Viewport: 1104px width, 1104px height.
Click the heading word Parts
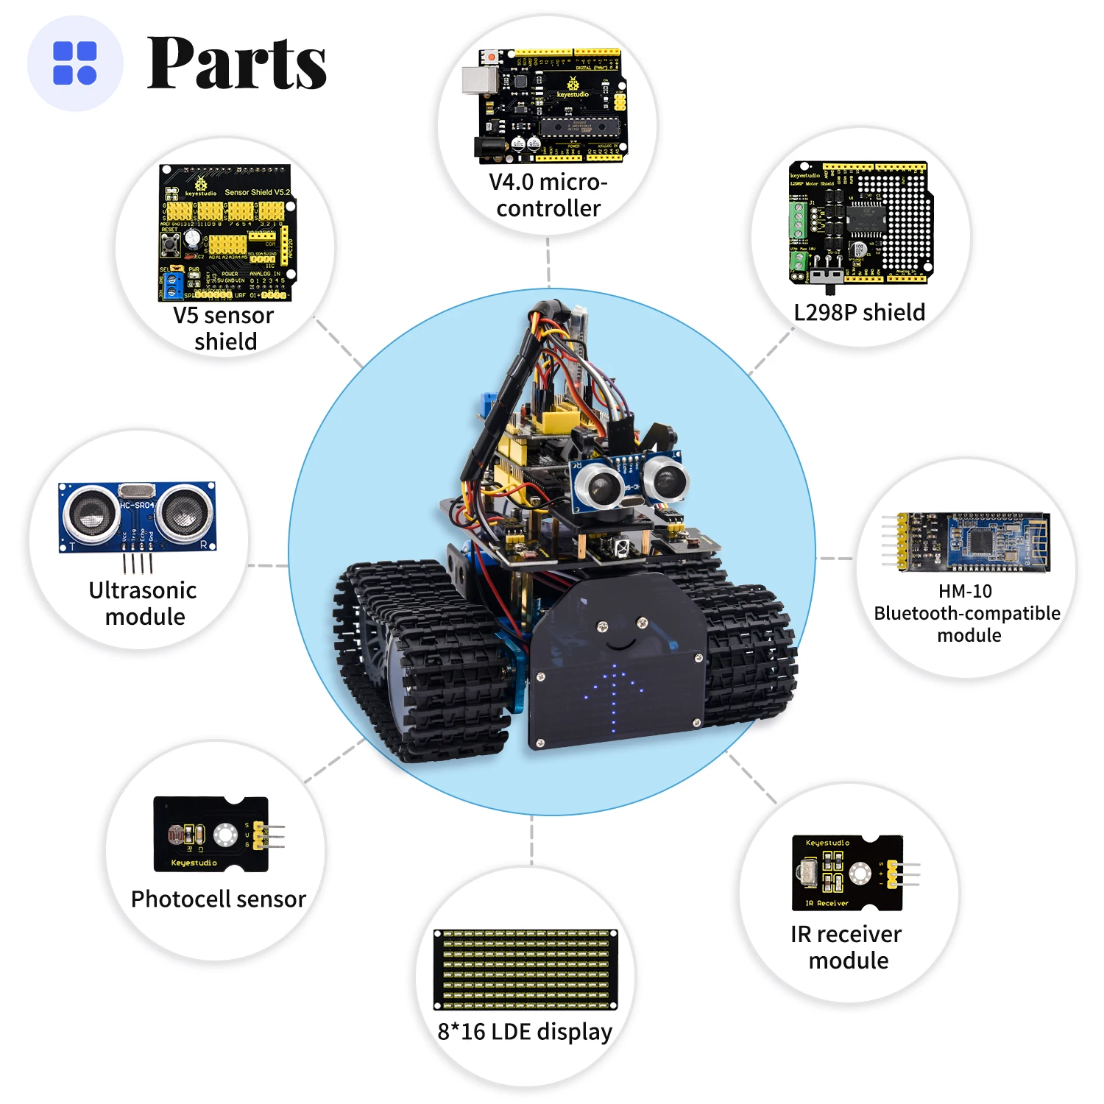click(x=237, y=63)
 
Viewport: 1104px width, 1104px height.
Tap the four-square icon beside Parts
click(x=75, y=63)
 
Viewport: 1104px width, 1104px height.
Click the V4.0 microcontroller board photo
click(x=548, y=105)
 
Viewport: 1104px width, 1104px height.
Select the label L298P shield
click(x=859, y=312)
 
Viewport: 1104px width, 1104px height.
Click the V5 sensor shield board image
click(x=227, y=232)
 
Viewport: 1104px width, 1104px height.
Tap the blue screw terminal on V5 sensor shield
click(x=174, y=285)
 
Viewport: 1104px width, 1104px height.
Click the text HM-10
click(x=965, y=591)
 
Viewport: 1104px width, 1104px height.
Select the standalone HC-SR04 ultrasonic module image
click(x=138, y=517)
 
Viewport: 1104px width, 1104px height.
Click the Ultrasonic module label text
click(x=143, y=604)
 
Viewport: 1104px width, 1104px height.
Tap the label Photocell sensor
click(x=218, y=899)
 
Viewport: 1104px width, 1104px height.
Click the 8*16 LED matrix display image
click(x=526, y=969)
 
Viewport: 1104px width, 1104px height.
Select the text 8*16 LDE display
click(x=525, y=1032)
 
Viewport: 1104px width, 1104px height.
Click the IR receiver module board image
click(x=848, y=873)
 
